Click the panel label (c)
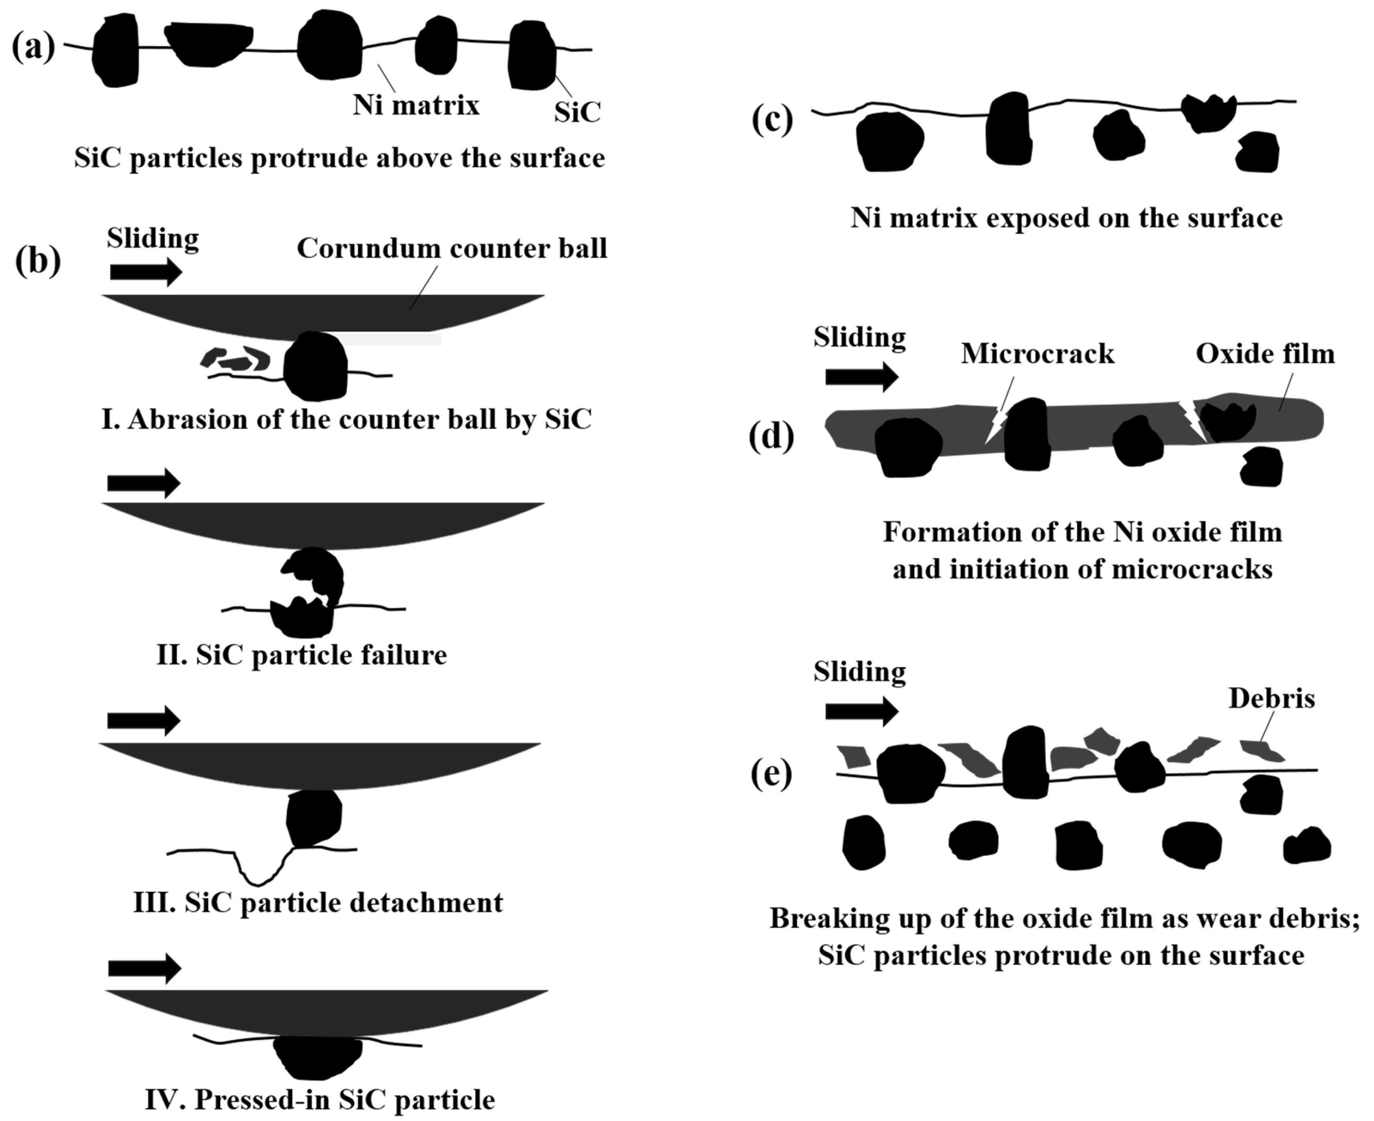(772, 120)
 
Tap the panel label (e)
(771, 774)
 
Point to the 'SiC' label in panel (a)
(577, 112)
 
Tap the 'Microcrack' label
(1037, 353)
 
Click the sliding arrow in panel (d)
(861, 377)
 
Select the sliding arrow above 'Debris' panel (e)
(861, 711)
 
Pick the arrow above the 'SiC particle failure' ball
(143, 483)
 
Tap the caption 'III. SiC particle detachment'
(318, 902)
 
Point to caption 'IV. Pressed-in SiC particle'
(320, 1099)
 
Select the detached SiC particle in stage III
(314, 817)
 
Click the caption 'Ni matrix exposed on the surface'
(1066, 218)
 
